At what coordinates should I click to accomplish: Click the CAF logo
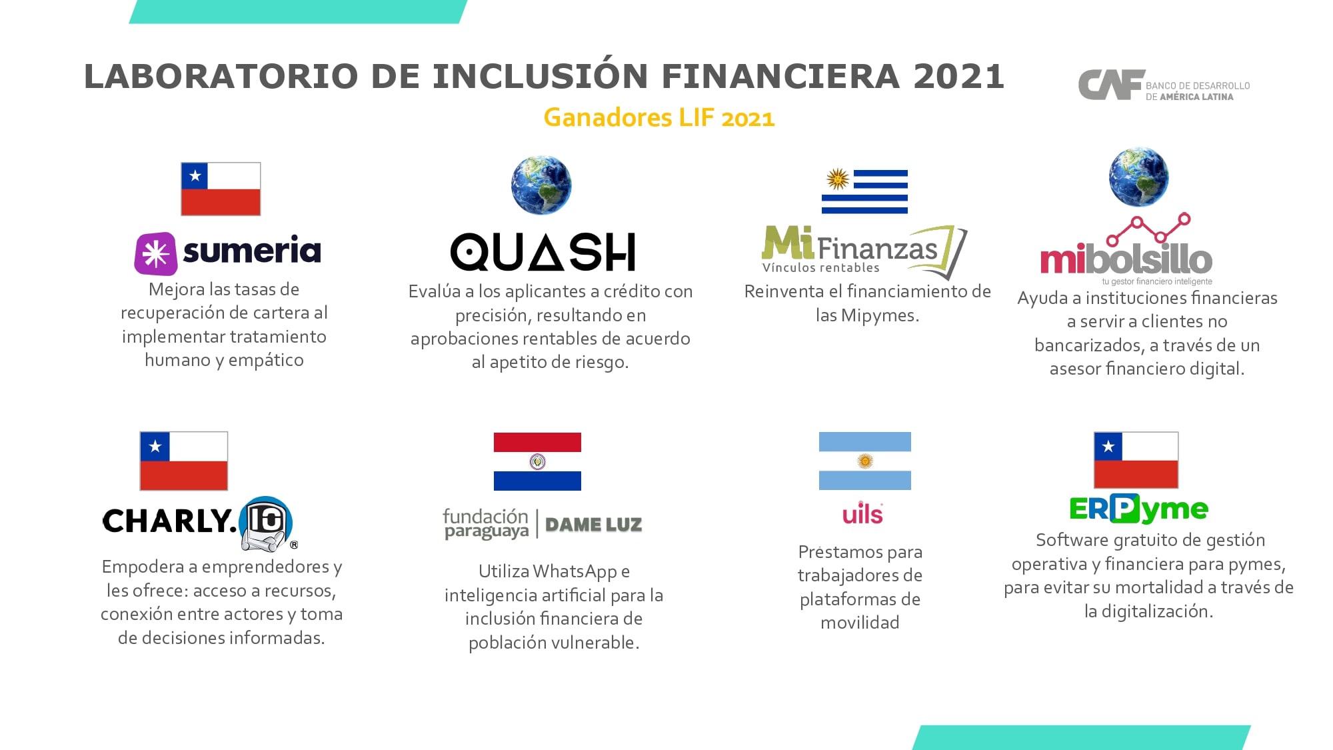point(1164,85)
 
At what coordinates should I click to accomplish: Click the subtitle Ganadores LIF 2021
point(659,117)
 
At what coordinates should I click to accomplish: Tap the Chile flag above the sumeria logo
point(221,189)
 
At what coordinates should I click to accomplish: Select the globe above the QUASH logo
point(541,185)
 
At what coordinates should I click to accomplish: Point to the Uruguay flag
point(864,191)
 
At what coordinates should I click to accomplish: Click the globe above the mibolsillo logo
point(1138,177)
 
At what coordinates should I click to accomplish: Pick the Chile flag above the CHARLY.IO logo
point(184,461)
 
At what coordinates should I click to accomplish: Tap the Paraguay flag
point(537,461)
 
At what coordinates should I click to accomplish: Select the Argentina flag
point(864,461)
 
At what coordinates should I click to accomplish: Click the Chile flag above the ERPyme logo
point(1136,460)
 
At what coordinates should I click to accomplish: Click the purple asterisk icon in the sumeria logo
point(156,253)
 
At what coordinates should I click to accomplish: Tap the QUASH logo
point(543,252)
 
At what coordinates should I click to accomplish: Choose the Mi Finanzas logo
point(864,251)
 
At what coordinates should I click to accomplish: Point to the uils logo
point(862,513)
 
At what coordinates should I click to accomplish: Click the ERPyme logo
point(1138,509)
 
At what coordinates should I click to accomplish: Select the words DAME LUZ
point(593,525)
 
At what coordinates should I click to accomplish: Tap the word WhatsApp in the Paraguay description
point(575,572)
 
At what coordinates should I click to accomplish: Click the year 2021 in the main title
point(958,76)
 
